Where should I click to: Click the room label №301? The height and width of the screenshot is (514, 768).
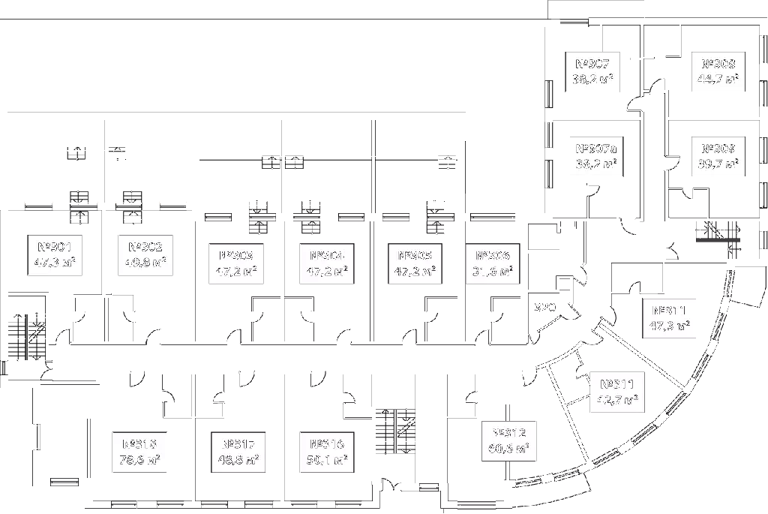click(55, 255)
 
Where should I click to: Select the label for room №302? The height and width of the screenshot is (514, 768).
click(145, 255)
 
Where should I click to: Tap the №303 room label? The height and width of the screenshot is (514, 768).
click(236, 264)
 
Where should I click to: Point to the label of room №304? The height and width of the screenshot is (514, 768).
click(326, 264)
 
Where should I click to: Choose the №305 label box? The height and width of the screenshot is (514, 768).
click(415, 264)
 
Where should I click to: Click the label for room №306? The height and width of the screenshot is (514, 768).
click(492, 264)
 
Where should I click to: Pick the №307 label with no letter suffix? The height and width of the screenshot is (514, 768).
click(592, 71)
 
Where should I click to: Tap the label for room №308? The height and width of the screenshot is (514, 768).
click(718, 71)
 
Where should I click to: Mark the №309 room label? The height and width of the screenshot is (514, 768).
click(718, 156)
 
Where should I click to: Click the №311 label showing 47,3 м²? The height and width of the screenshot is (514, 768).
click(669, 318)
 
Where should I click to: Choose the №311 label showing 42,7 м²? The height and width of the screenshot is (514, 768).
click(617, 392)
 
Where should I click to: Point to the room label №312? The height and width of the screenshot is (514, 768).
click(508, 440)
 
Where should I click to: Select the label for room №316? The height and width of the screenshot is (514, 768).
click(326, 452)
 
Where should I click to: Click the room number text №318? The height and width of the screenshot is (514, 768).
click(139, 443)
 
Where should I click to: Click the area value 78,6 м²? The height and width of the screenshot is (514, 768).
click(139, 460)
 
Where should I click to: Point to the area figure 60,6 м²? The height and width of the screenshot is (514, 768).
click(508, 449)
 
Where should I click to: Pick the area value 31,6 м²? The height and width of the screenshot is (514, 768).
click(492, 272)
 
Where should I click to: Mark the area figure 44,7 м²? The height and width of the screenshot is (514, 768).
click(718, 80)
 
